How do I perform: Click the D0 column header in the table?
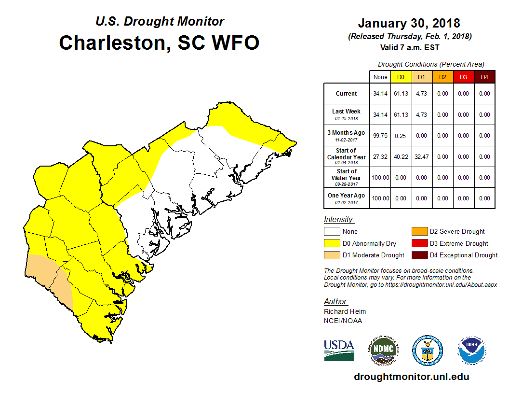click(x=401, y=77)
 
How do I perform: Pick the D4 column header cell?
click(x=484, y=77)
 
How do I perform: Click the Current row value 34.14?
click(x=380, y=94)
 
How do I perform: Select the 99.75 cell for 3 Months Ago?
click(x=380, y=136)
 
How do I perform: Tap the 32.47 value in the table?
click(x=422, y=156)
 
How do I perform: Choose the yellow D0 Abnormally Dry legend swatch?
click(x=332, y=243)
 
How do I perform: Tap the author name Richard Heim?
click(x=345, y=311)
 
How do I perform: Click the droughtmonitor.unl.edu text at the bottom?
click(x=411, y=377)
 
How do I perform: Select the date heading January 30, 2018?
click(x=409, y=23)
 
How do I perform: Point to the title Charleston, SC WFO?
click(x=159, y=42)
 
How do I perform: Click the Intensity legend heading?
click(x=339, y=220)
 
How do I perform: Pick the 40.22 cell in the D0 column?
click(x=401, y=156)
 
